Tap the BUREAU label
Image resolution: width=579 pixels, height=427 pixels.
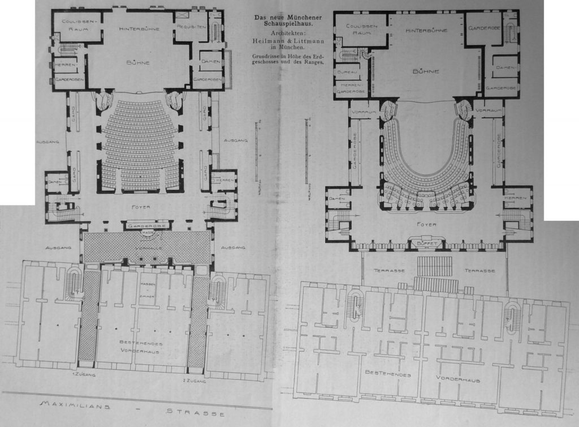click(345, 73)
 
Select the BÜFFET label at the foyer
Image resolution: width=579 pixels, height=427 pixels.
click(426, 243)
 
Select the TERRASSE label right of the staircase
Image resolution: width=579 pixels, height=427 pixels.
click(480, 271)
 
